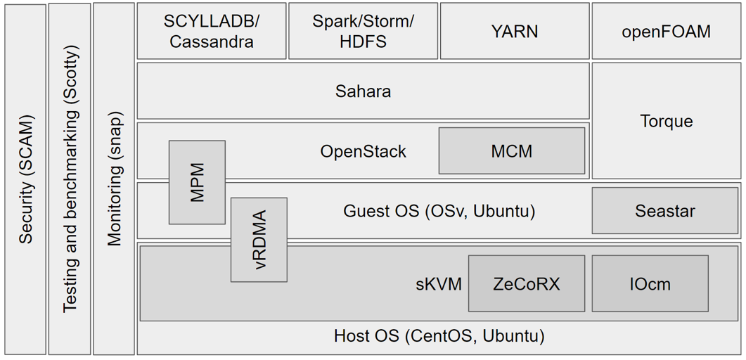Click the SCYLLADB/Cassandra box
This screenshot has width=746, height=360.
pos(211,31)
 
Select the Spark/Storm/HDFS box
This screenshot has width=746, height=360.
pos(363,31)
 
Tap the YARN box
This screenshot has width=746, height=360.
pos(515,31)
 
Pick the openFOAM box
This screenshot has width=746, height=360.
pos(666,31)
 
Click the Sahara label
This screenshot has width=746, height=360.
pos(363,91)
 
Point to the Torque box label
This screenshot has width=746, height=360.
pos(666,121)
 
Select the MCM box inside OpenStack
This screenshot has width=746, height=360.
pos(511,151)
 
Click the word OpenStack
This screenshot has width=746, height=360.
pos(363,151)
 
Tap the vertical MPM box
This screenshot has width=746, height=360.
pos(197,182)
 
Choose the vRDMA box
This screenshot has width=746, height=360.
pos(259,240)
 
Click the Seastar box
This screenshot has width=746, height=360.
pos(664,210)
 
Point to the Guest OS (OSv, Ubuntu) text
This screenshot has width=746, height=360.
pos(439,211)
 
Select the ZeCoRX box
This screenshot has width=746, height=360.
pos(526,284)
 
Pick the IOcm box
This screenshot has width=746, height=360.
pos(650,284)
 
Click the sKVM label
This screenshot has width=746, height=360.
pos(438,284)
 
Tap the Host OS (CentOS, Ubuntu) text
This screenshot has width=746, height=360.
pos(439,336)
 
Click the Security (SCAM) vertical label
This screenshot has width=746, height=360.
pos(26,179)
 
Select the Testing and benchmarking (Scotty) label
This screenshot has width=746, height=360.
pos(70,179)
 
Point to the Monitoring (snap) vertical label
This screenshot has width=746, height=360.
pos(114,179)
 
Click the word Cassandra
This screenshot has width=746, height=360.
pos(211,41)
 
